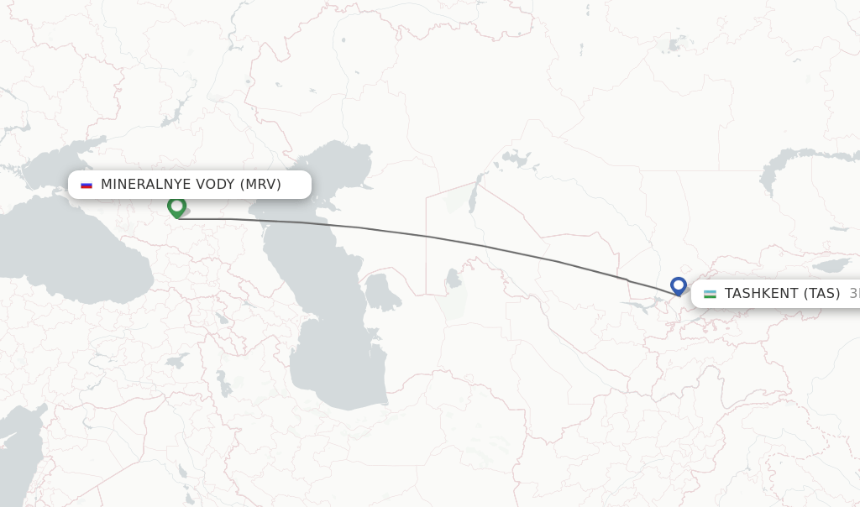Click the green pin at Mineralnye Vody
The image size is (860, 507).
click(176, 206)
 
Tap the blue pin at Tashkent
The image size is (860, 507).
click(679, 286)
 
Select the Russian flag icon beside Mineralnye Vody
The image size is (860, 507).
click(87, 185)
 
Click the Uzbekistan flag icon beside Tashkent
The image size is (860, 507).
click(710, 294)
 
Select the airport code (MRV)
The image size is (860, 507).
click(260, 185)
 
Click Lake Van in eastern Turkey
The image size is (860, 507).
click(177, 361)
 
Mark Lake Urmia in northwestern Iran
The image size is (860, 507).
click(224, 383)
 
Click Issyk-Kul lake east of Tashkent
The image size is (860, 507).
click(832, 265)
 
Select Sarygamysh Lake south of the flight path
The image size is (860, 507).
click(454, 277)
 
